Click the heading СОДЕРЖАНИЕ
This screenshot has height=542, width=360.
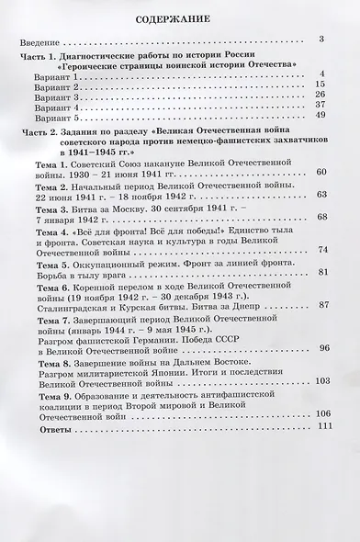(180, 17)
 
